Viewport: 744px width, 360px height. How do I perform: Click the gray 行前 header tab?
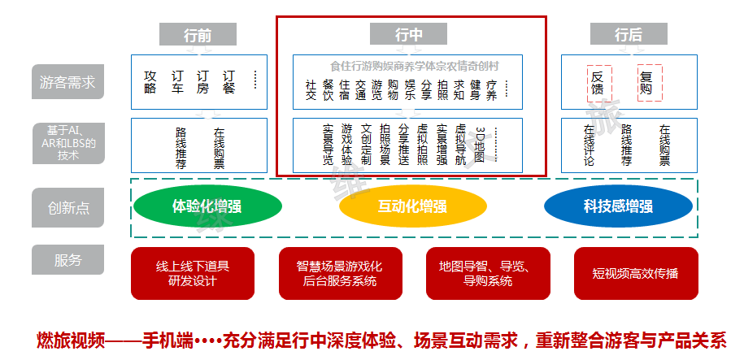pos(198,35)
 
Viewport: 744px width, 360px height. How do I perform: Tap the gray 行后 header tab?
pos(628,35)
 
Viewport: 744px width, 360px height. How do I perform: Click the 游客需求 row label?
pos(67,82)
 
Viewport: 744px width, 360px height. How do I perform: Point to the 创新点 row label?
pos(67,207)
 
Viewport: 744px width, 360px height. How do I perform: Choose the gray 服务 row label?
pos(67,260)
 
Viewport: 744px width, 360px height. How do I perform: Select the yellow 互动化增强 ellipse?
pos(412,206)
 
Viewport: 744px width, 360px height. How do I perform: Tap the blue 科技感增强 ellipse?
pos(617,206)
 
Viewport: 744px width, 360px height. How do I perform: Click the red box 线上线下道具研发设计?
pos(193,273)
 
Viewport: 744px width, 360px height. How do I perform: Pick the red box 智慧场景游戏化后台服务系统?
pos(339,273)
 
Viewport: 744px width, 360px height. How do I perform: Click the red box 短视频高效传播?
pos(635,273)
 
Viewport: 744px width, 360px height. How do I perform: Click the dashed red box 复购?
pos(646,83)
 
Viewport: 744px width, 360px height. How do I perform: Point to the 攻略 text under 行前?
pos(150,82)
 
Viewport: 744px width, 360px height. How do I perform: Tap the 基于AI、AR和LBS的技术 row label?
pos(67,142)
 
